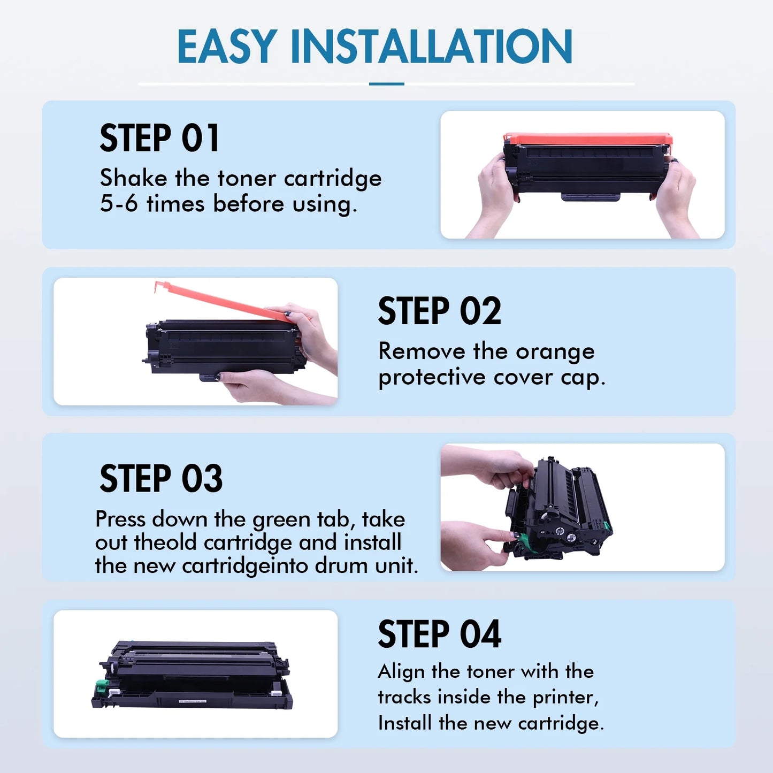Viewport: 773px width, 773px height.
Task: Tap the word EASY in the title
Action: [x=227, y=47]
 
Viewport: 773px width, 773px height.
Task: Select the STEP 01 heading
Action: [x=159, y=138]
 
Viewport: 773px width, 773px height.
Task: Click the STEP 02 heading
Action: [x=439, y=311]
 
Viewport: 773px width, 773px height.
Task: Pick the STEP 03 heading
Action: [x=161, y=478]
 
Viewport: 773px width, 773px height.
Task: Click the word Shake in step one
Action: [x=133, y=178]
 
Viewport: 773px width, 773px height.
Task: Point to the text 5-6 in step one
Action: [x=118, y=204]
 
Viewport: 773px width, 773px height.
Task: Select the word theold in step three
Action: [x=165, y=542]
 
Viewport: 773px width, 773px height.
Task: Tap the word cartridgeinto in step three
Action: [x=246, y=566]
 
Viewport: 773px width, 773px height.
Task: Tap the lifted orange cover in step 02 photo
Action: [x=225, y=301]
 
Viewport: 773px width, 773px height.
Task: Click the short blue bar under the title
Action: [x=386, y=84]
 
